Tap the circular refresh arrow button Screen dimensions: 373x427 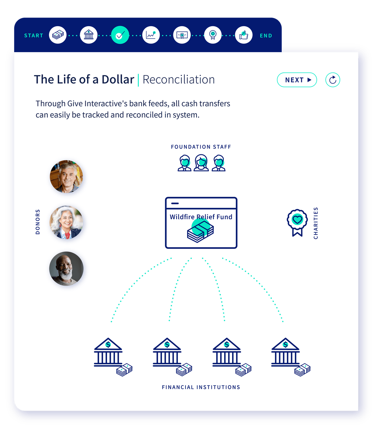pyautogui.click(x=332, y=79)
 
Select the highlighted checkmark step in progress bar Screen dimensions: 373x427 pyautogui.click(x=120, y=35)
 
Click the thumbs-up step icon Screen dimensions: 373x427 pyautogui.click(x=243, y=35)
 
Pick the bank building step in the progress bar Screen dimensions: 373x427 pyautogui.click(x=88, y=35)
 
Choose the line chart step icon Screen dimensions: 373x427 pyautogui.click(x=151, y=35)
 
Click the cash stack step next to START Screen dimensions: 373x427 pyautogui.click(x=58, y=35)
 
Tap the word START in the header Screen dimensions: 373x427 pyautogui.click(x=34, y=36)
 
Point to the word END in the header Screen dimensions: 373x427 pyautogui.click(x=266, y=36)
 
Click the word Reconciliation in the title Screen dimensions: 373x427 pyautogui.click(x=179, y=79)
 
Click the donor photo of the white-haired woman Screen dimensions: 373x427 pyautogui.click(x=66, y=222)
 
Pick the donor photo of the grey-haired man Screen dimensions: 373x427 pyautogui.click(x=66, y=176)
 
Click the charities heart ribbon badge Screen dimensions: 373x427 pyautogui.click(x=297, y=222)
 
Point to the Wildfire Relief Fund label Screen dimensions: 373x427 pyautogui.click(x=201, y=217)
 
